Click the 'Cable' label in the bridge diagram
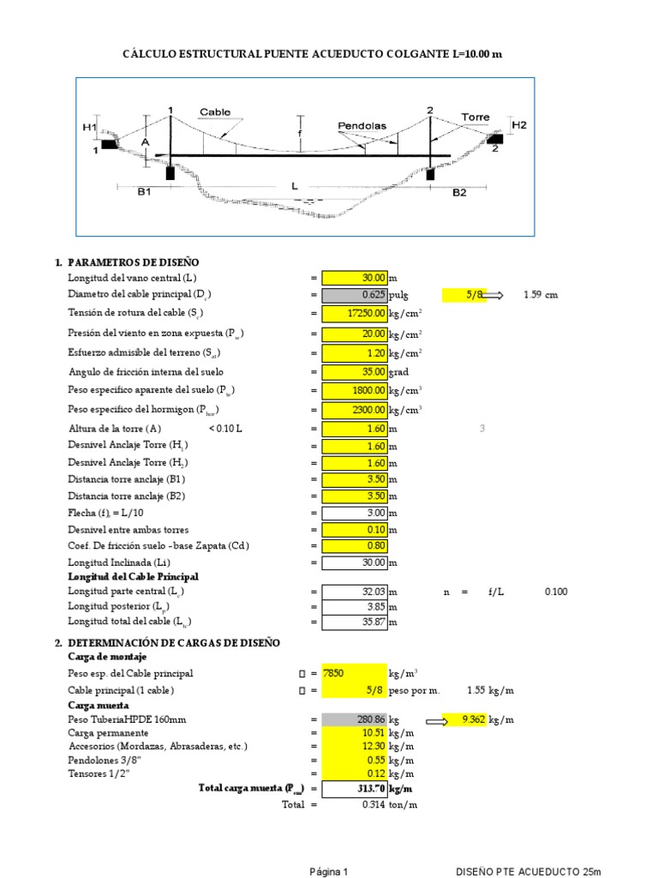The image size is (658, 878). coord(215,112)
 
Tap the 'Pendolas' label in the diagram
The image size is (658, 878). coord(362,125)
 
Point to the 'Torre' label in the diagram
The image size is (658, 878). coord(476,117)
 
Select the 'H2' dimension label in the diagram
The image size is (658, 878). coord(519,125)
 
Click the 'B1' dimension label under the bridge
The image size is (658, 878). coord(144,193)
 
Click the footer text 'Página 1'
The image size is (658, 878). coord(329,871)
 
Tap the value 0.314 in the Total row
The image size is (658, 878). coord(374,804)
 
